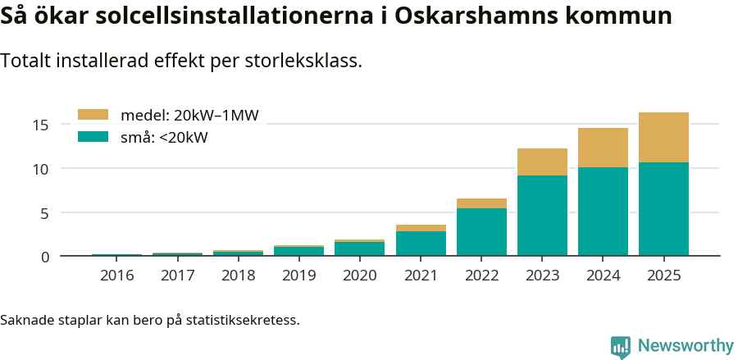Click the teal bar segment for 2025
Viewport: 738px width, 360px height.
pos(663,209)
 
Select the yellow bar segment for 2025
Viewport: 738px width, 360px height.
pos(663,137)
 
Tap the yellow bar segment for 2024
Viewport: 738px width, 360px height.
pos(603,148)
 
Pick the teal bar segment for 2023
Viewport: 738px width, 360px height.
pos(542,215)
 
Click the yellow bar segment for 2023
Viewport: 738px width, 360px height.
pos(542,162)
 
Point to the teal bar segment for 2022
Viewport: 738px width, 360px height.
pos(481,231)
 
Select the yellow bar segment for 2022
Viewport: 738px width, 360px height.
pos(481,203)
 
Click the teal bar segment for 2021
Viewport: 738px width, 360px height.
pos(421,244)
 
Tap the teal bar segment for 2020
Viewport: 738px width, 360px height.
pos(360,248)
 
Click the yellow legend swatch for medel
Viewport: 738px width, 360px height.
pos(93,116)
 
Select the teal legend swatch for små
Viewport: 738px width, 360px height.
pos(93,137)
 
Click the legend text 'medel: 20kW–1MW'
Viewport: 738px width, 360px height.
pos(189,116)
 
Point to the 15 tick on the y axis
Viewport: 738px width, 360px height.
pos(42,125)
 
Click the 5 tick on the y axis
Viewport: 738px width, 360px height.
pos(46,213)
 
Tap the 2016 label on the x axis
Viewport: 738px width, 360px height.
pos(117,276)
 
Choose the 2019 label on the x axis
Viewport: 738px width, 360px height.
pos(299,276)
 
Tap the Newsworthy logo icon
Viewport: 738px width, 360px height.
pos(620,346)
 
